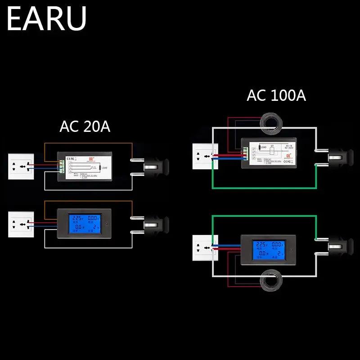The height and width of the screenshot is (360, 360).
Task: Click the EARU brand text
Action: click(x=46, y=19)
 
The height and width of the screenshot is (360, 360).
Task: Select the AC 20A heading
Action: click(x=85, y=126)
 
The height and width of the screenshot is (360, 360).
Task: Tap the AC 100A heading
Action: click(x=276, y=95)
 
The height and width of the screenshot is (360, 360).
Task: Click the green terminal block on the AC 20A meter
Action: click(x=60, y=166)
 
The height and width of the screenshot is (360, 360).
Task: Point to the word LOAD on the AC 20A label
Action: click(x=104, y=167)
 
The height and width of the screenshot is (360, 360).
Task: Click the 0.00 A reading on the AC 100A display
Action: click(x=278, y=245)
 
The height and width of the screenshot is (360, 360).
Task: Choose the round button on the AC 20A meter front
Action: click(x=106, y=223)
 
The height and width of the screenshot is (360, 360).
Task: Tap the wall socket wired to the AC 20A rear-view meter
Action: click(x=21, y=166)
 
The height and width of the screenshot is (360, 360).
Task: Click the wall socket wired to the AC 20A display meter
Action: click(x=21, y=224)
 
